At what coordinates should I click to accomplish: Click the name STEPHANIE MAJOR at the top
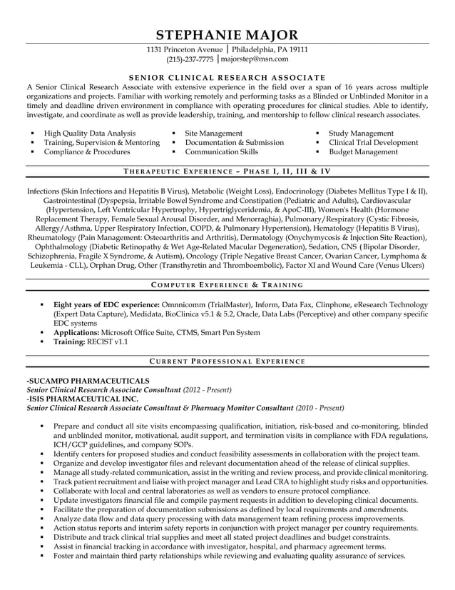pyautogui.click(x=227, y=35)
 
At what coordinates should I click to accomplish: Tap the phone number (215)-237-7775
pyautogui.click(x=190, y=60)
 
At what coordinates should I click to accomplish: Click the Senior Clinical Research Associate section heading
pyautogui.click(x=227, y=77)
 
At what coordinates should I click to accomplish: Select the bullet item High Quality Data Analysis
pyautogui.click(x=89, y=134)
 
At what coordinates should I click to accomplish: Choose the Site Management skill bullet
pyautogui.click(x=213, y=134)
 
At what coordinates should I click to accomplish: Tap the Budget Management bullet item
pyautogui.click(x=363, y=152)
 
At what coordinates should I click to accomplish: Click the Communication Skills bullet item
pyautogui.click(x=221, y=152)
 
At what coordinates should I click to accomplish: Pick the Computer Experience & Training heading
pyautogui.click(x=227, y=285)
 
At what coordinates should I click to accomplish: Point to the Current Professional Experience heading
pyautogui.click(x=227, y=362)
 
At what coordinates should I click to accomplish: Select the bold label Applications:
pyautogui.click(x=76, y=332)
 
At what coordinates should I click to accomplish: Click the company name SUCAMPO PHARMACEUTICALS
pyautogui.click(x=88, y=381)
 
